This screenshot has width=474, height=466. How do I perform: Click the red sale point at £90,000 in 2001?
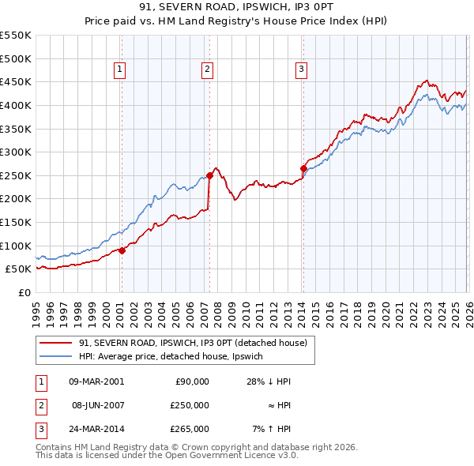[122, 250]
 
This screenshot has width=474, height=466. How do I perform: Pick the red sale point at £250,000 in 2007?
[209, 175]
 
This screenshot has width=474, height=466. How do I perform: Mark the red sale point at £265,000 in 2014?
[303, 168]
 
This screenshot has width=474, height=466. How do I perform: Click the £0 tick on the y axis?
[24, 292]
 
